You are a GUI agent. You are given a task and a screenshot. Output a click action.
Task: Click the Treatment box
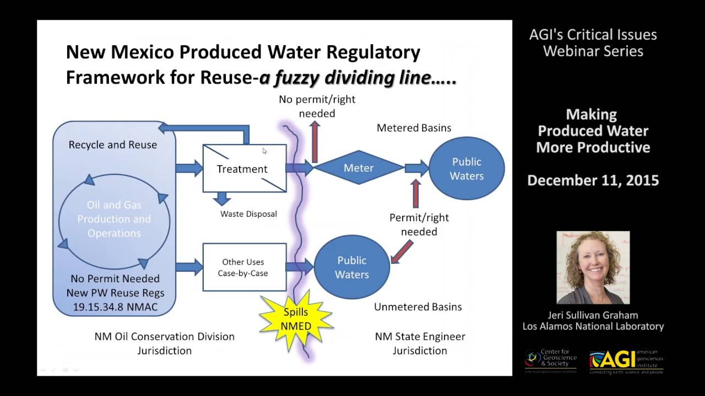[245, 168]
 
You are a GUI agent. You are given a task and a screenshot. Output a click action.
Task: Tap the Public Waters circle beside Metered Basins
[467, 169]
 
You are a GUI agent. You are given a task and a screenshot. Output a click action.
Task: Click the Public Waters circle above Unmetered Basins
[351, 267]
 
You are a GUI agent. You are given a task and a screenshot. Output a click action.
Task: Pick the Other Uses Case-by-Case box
[244, 267]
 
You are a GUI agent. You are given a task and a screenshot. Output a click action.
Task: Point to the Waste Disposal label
[248, 214]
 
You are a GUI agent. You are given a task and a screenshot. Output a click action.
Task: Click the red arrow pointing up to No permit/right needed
[314, 142]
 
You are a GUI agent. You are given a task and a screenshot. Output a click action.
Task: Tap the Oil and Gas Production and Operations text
[114, 219]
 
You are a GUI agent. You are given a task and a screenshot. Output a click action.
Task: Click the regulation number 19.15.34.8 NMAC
[115, 307]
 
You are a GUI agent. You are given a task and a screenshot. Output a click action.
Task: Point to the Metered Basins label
[414, 128]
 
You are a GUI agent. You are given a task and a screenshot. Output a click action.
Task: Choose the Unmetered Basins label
[417, 307]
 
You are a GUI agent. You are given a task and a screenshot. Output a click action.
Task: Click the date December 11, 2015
[593, 180]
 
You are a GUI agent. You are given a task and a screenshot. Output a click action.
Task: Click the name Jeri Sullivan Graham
[593, 315]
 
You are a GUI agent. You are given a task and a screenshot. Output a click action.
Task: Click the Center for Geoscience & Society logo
[550, 361]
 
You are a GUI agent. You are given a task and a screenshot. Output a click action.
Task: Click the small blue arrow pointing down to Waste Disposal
[223, 199]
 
